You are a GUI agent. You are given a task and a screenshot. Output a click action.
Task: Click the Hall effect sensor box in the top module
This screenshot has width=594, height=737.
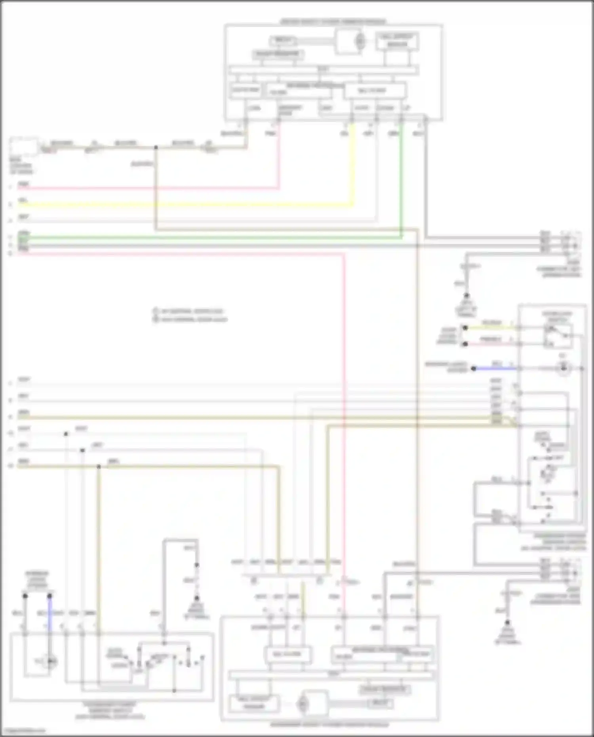point(397,41)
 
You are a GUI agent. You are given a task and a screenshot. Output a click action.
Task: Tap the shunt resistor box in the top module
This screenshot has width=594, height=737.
point(278,54)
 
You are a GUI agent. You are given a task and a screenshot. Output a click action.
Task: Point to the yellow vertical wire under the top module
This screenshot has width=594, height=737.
point(352,166)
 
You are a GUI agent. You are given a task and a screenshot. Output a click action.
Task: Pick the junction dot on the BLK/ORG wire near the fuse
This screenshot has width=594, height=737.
point(156,147)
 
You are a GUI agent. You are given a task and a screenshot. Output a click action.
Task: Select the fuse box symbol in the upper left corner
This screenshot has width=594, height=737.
point(24,146)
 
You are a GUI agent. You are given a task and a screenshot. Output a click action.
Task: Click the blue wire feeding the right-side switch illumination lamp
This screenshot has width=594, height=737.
point(495,368)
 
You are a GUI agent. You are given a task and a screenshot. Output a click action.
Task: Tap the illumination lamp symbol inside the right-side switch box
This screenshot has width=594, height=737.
point(563,369)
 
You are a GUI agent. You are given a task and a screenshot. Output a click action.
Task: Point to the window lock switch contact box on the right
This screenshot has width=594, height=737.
point(558,335)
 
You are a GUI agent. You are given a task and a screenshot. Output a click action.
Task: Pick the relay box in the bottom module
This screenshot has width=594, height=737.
point(381,703)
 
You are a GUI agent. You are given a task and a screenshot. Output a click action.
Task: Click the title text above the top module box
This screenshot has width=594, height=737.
point(333,21)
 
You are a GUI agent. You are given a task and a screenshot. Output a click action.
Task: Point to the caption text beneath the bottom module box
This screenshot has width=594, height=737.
point(329,725)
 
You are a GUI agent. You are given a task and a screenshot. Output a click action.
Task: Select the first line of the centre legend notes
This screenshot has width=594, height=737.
point(192,311)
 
